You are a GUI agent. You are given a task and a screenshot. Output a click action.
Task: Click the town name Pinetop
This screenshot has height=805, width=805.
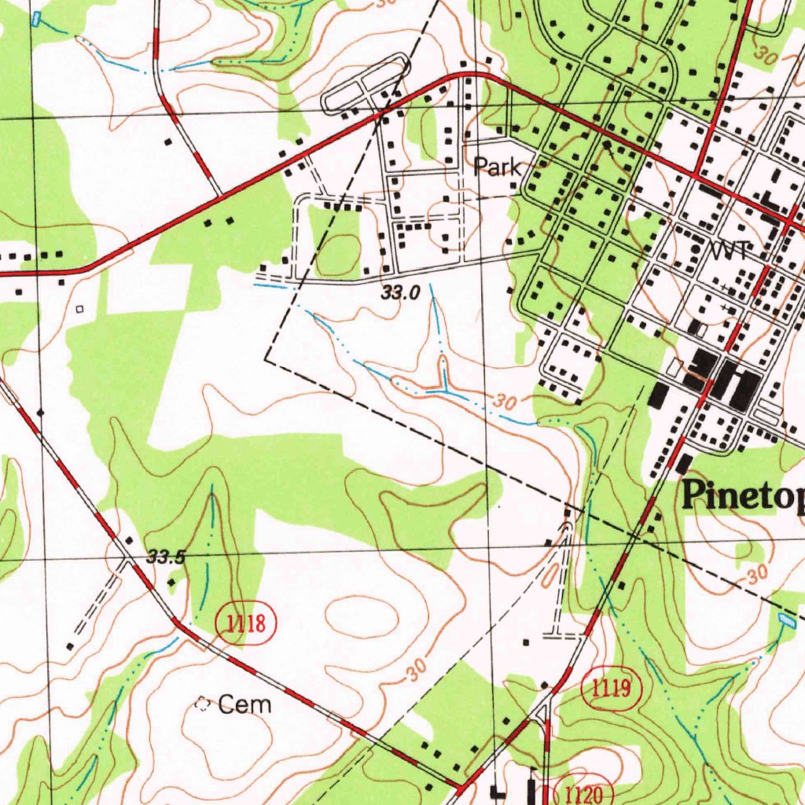(743, 496)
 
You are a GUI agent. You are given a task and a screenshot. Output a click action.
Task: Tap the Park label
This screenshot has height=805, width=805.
(496, 167)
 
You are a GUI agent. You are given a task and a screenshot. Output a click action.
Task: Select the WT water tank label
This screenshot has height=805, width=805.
(727, 251)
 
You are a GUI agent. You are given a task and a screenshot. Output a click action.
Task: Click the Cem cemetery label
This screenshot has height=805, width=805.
(244, 704)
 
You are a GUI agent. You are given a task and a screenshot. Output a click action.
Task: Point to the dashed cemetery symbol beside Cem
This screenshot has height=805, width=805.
(203, 704)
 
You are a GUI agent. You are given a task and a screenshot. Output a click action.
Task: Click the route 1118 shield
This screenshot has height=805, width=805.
(245, 625)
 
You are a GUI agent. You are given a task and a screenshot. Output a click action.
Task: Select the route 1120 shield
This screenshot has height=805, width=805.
(583, 792)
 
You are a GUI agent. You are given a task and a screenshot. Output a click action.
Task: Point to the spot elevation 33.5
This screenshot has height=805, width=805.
(165, 558)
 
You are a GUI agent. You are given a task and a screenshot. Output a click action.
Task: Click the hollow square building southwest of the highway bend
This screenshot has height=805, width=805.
(79, 309)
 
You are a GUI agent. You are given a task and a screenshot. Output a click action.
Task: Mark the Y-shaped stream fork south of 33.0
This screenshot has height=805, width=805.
(443, 385)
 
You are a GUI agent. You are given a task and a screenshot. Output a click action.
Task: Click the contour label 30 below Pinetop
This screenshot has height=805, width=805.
(756, 575)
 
